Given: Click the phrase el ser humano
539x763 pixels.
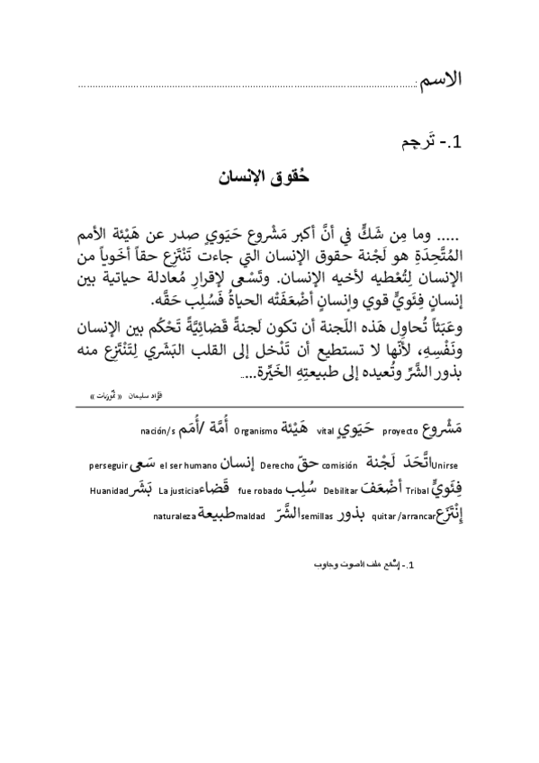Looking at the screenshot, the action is tap(184, 466).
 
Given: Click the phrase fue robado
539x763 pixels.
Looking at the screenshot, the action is tap(256, 490).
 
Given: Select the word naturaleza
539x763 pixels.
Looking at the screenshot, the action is tap(173, 516).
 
